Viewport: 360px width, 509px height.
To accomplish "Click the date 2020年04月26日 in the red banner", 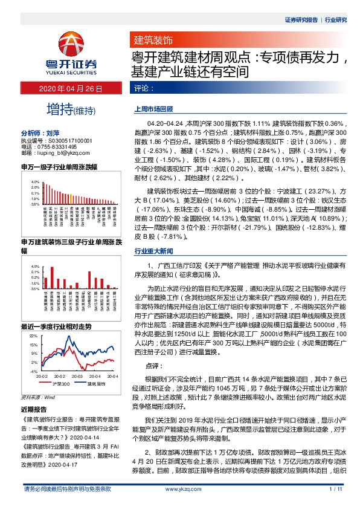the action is coord(71,89).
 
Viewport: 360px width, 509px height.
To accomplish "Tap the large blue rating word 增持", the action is coord(59,109).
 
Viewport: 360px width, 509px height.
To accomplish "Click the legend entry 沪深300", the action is coord(59,383).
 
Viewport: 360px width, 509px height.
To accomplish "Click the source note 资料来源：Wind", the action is coord(38,397).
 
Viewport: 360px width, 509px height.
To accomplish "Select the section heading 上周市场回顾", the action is coord(153,111).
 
